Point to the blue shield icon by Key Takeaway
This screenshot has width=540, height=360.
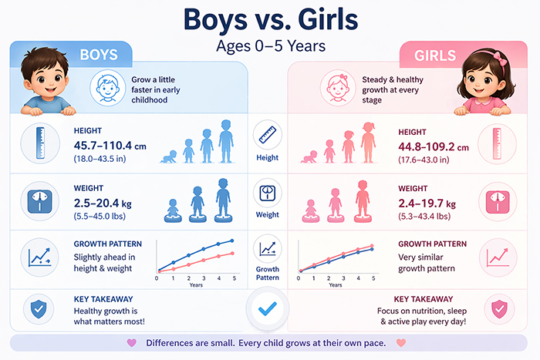[x=37, y=308]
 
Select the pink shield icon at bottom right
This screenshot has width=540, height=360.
[x=498, y=309]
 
